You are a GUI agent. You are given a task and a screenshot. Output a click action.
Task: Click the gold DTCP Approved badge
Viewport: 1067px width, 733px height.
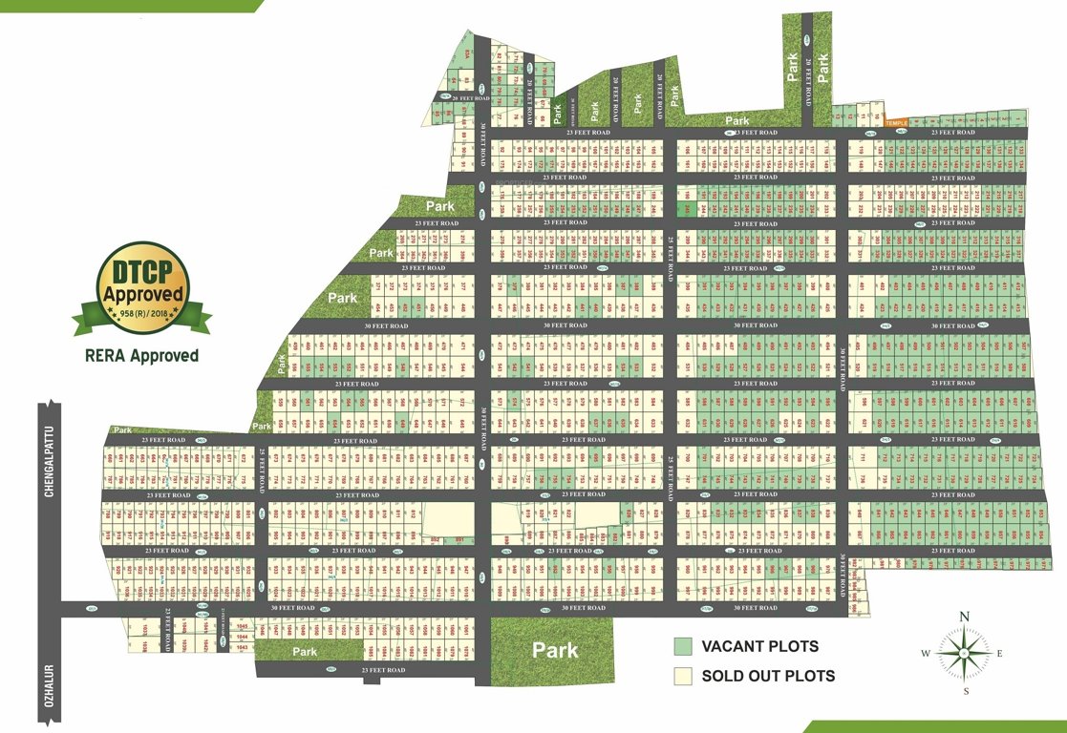144,283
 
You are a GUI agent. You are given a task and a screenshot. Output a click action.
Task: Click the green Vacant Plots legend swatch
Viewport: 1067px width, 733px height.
682,646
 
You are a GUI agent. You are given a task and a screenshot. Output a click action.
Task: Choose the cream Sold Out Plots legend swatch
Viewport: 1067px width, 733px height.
682,676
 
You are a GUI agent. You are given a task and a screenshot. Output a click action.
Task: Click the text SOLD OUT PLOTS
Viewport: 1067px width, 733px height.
768,676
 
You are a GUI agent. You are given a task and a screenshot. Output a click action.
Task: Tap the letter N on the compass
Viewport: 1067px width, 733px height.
965,617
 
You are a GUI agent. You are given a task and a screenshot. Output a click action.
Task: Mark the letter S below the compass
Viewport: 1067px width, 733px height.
965,691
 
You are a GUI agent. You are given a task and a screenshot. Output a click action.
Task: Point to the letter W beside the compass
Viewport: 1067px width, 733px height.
926,654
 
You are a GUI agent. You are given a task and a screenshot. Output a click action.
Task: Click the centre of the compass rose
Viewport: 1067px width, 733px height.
965,654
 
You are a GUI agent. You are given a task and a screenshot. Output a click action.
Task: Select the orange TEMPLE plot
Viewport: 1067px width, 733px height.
895,122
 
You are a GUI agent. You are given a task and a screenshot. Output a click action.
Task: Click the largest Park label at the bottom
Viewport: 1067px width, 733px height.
555,650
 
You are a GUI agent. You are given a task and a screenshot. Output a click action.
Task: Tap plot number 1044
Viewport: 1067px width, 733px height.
241,636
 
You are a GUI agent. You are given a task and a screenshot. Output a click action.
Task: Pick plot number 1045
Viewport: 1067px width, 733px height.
241,625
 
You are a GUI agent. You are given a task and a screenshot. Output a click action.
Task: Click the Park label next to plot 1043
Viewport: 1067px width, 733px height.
305,651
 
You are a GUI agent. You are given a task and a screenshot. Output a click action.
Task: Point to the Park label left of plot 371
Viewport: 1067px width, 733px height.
342,298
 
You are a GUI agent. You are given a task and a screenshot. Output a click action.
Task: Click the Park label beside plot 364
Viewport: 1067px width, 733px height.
382,253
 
